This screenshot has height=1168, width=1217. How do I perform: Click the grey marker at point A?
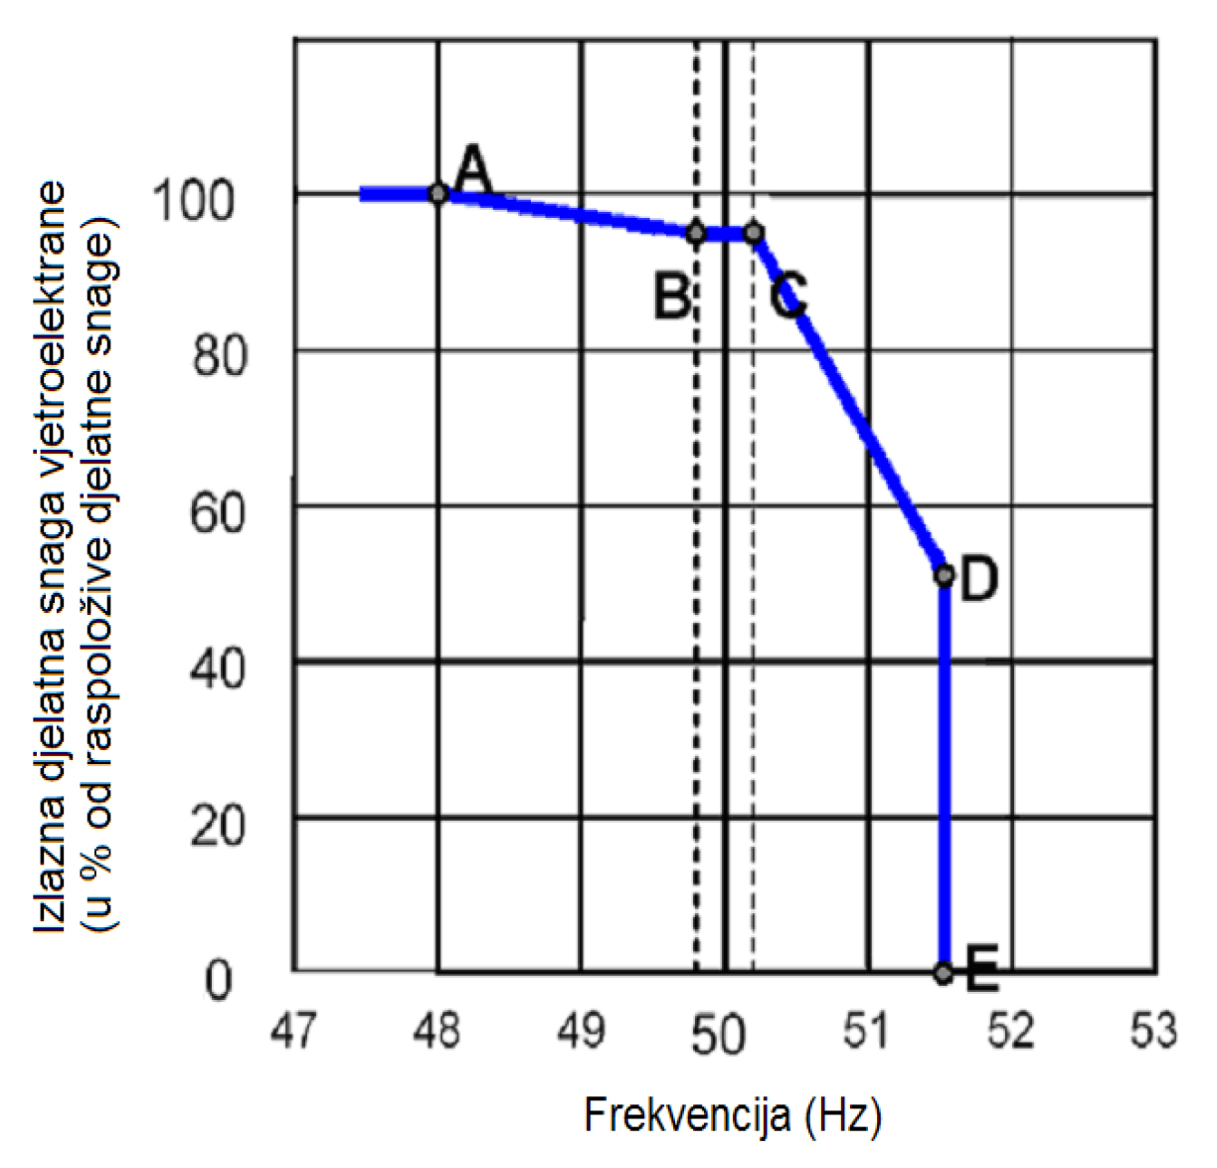click(x=437, y=193)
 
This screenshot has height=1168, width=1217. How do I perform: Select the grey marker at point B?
click(x=696, y=234)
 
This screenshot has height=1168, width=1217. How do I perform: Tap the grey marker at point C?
click(x=754, y=234)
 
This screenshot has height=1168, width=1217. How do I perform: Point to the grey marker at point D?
click(x=944, y=575)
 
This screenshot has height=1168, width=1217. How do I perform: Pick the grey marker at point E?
click(x=944, y=973)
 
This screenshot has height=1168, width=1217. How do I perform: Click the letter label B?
click(x=672, y=295)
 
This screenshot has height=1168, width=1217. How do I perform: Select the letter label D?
click(x=979, y=578)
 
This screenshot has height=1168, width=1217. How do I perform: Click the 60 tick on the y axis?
click(x=218, y=513)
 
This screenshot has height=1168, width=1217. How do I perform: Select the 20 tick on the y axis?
click(x=218, y=825)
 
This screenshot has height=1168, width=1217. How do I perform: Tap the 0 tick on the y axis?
click(x=219, y=980)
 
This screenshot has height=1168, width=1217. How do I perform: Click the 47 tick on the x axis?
click(x=293, y=1032)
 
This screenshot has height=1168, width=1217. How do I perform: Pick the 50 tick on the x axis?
click(x=719, y=1035)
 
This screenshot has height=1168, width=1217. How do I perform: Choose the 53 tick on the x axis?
click(x=1153, y=1032)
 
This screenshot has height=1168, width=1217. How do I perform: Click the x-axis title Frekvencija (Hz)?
click(x=732, y=1115)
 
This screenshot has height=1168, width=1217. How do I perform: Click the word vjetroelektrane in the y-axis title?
click(x=54, y=309)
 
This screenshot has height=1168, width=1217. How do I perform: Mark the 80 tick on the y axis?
click(x=218, y=357)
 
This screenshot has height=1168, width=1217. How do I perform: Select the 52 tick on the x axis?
click(x=1010, y=1032)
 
